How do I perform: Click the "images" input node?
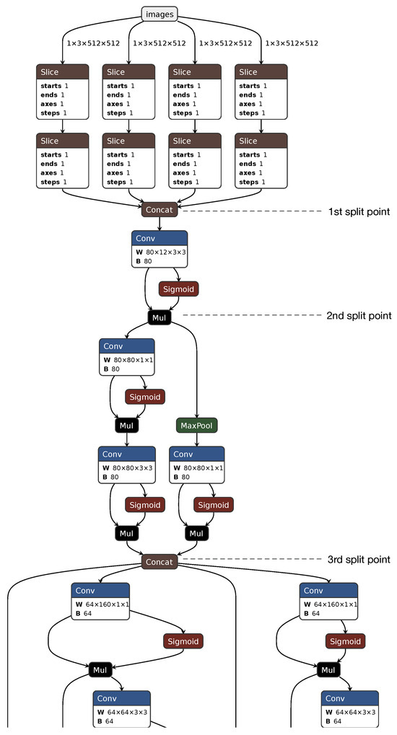pos(158,14)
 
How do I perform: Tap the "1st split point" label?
pos(359,211)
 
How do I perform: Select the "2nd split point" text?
pos(359,316)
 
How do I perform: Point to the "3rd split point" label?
pos(359,560)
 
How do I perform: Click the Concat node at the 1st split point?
pos(159,211)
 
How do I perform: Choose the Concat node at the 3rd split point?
pos(159,562)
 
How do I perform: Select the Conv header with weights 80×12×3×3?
pos(160,239)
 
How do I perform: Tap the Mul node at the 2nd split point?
pos(159,317)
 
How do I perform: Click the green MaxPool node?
pos(196,426)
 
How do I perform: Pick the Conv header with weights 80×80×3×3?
pos(127,454)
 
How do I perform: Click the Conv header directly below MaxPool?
pos(197,454)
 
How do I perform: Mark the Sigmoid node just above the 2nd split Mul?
pos(178,289)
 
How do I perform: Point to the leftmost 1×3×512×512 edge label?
pos(93,43)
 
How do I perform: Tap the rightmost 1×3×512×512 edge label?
pos(292,43)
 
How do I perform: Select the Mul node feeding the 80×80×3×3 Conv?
pos(126,426)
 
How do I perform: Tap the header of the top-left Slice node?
pos(63,71)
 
